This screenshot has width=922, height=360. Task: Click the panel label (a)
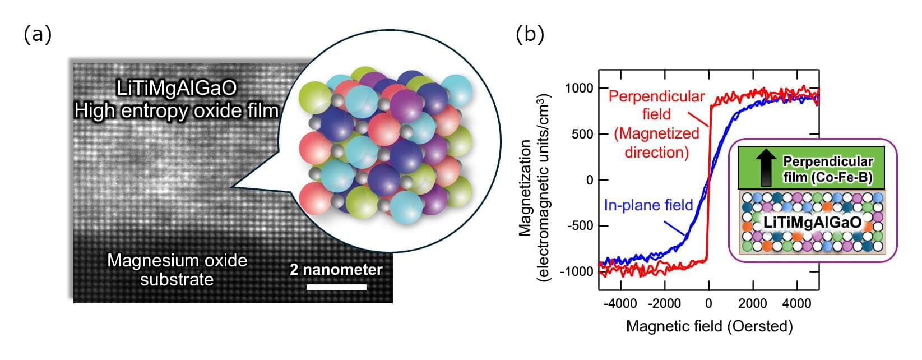click(38, 35)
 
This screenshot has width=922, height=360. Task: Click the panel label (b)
click(529, 35)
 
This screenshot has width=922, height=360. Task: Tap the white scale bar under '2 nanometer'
click(336, 287)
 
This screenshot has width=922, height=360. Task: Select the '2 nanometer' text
click(336, 270)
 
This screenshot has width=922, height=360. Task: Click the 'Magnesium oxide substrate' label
click(177, 270)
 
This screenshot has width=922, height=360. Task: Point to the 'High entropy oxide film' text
click(177, 111)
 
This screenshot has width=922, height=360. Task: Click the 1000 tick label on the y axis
click(578, 89)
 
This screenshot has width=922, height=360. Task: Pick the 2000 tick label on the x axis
click(752, 303)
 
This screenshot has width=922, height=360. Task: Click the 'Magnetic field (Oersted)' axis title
click(709, 326)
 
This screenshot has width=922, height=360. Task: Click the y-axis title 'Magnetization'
click(525, 188)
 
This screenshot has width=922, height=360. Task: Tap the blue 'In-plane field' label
click(648, 205)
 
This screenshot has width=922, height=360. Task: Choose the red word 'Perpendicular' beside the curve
click(656, 96)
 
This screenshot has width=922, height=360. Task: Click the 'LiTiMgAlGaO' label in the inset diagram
click(812, 223)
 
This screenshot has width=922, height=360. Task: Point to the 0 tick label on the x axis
click(709, 303)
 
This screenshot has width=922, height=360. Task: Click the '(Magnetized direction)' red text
click(656, 142)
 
